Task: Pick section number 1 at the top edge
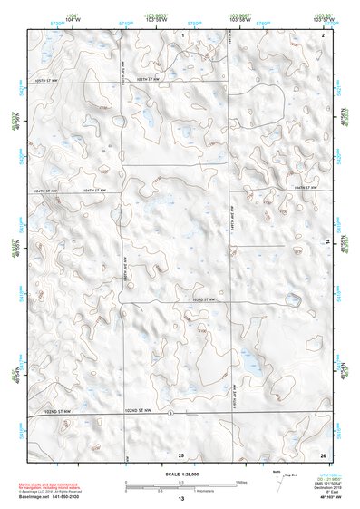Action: click(182, 34)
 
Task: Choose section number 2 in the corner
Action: click(323, 34)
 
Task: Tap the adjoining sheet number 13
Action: click(181, 500)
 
